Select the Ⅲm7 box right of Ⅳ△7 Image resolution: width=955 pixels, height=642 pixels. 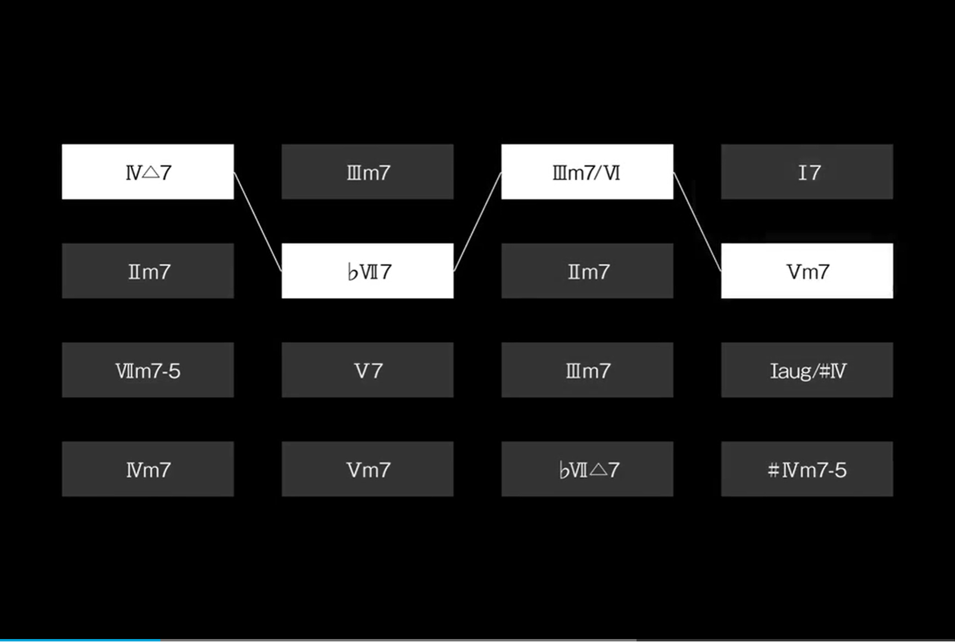coord(367,171)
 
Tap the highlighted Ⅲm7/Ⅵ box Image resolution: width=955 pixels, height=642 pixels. coord(587,171)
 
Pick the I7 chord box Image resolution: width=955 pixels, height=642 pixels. coord(807,171)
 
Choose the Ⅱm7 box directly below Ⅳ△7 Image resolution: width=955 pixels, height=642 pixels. coord(148,271)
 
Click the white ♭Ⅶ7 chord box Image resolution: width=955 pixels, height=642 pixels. coord(367,271)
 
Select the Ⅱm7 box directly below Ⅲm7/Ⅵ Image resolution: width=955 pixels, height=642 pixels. coord(587,271)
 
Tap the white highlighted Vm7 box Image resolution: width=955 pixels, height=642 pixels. coord(807,271)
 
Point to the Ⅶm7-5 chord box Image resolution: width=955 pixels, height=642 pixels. coord(148,369)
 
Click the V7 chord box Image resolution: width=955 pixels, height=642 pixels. coord(367,369)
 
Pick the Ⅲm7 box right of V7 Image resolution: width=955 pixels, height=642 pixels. coord(587,369)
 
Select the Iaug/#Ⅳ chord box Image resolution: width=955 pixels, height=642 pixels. coord(807,369)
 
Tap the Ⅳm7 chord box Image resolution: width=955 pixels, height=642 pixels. coord(148,469)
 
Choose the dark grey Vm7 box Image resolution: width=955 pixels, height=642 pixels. coord(367,469)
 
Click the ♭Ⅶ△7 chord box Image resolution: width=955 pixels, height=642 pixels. coord(587,469)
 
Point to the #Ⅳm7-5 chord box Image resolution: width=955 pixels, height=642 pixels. coord(807,469)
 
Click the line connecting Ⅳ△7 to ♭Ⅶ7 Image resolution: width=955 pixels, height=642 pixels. coord(258,222)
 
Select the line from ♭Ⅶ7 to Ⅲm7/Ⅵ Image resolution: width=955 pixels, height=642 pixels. coord(477,221)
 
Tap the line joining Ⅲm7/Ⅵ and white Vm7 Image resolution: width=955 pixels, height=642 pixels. coord(697,221)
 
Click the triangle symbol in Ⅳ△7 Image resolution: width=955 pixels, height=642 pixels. coord(151,173)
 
